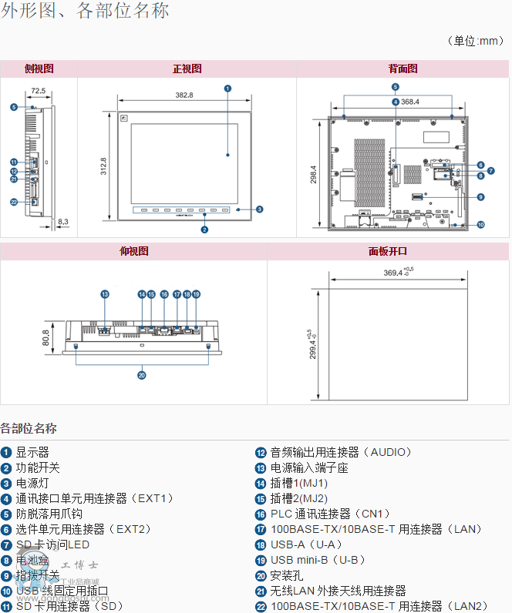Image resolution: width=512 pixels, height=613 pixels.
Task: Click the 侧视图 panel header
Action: (x=39, y=69)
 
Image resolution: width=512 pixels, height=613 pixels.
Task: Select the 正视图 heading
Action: (x=187, y=69)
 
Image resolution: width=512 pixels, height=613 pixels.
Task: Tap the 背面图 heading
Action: (x=403, y=69)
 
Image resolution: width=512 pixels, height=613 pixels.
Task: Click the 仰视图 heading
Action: (x=133, y=252)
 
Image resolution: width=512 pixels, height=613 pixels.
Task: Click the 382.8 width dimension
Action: (x=184, y=95)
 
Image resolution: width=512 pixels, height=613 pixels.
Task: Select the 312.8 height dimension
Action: (x=103, y=167)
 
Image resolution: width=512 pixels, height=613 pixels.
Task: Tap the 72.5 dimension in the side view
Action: (x=38, y=92)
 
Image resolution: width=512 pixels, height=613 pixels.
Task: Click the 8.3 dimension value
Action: (x=63, y=222)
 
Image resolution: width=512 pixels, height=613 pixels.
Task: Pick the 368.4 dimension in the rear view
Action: (x=409, y=102)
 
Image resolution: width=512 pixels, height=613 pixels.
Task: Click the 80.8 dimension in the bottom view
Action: (x=46, y=337)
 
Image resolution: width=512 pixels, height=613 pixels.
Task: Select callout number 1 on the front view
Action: (x=228, y=88)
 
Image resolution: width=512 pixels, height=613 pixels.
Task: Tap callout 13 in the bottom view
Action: (x=105, y=294)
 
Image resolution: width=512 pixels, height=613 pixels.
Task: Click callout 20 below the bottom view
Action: (x=141, y=376)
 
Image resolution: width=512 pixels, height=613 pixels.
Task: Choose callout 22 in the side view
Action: (x=14, y=202)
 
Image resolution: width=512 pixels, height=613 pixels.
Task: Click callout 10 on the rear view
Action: (x=480, y=225)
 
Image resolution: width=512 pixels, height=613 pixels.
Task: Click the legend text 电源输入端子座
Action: (x=309, y=467)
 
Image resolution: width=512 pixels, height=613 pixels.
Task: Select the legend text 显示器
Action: (x=32, y=452)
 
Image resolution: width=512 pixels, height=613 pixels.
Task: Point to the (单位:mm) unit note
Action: (x=475, y=41)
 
